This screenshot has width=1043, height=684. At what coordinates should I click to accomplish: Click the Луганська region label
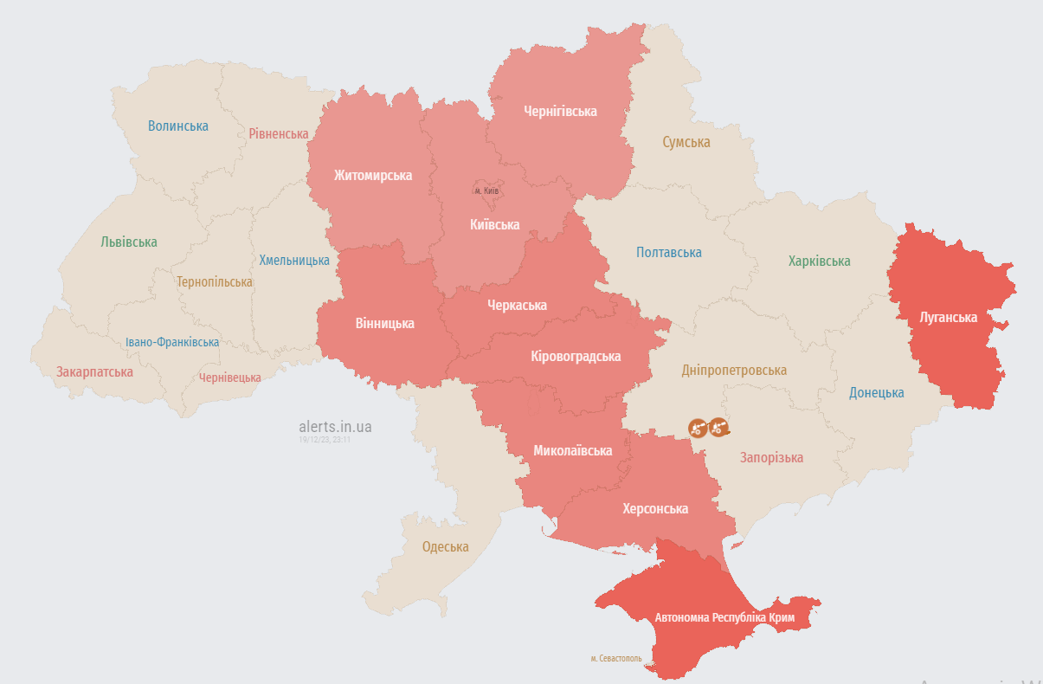click(x=949, y=318)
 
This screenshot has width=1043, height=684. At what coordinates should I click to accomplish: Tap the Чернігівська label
click(x=561, y=111)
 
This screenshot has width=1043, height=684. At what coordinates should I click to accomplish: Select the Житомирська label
click(x=373, y=175)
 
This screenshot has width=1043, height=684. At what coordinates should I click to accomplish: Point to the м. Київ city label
click(x=486, y=190)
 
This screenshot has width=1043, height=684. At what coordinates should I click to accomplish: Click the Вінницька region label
click(x=384, y=324)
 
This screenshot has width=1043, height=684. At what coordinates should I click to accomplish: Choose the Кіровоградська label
click(x=576, y=356)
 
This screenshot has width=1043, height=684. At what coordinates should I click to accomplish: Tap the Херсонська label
click(x=655, y=508)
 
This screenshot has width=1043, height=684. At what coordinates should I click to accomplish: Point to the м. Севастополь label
click(x=616, y=658)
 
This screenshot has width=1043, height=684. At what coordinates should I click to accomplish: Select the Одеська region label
click(x=445, y=546)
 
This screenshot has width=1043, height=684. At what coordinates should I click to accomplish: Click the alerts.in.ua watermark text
click(x=335, y=427)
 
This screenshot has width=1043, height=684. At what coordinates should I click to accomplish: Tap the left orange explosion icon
click(x=698, y=428)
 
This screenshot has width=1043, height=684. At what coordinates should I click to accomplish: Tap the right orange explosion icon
click(x=718, y=427)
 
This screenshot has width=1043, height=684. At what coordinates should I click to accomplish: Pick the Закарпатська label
click(x=94, y=372)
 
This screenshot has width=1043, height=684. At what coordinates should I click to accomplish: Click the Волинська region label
click(x=177, y=126)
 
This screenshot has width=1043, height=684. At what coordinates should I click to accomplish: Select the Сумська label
click(x=686, y=142)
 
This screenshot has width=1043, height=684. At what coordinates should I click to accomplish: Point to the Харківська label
click(x=819, y=261)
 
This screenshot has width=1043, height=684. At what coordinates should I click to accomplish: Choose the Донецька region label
click(x=876, y=392)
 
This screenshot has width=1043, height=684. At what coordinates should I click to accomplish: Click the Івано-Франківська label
click(x=171, y=342)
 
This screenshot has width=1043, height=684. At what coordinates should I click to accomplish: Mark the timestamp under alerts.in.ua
click(x=325, y=440)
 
